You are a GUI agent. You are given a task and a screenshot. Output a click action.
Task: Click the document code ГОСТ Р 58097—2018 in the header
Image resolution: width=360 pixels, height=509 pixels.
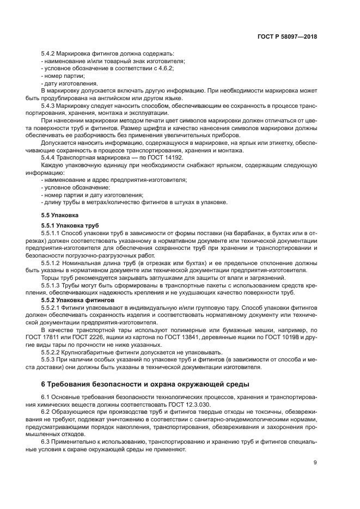(x=286, y=37)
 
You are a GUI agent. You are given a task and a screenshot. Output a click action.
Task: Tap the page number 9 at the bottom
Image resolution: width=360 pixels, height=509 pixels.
(x=315, y=463)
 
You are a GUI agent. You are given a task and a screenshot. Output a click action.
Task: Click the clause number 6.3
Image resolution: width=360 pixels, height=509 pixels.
(x=46, y=441)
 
